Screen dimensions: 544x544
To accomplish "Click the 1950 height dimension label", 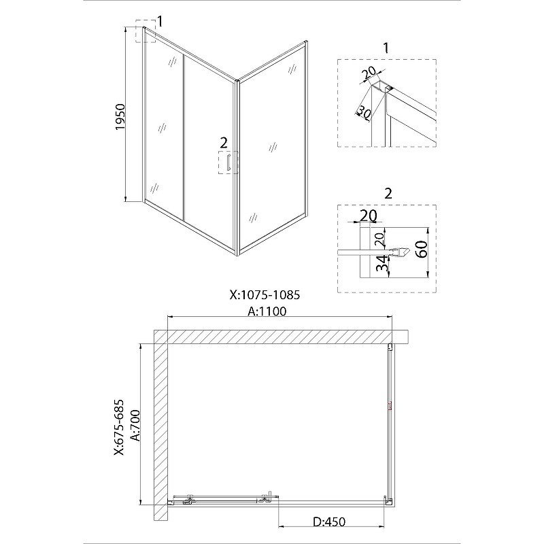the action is pyautogui.click(x=120, y=117).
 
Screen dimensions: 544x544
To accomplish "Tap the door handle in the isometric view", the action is pyautogui.click(x=228, y=163).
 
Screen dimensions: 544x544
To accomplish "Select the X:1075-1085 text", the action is pyautogui.click(x=265, y=295).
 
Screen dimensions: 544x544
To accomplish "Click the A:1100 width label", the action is pyautogui.click(x=267, y=311).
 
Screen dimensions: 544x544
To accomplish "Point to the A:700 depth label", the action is pyautogui.click(x=135, y=426).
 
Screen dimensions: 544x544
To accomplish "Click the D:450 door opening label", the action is pyautogui.click(x=329, y=522).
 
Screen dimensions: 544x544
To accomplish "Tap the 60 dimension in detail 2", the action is pyautogui.click(x=422, y=249).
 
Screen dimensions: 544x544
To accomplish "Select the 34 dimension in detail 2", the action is pyautogui.click(x=381, y=264).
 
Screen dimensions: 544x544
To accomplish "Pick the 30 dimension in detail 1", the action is pyautogui.click(x=364, y=112).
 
